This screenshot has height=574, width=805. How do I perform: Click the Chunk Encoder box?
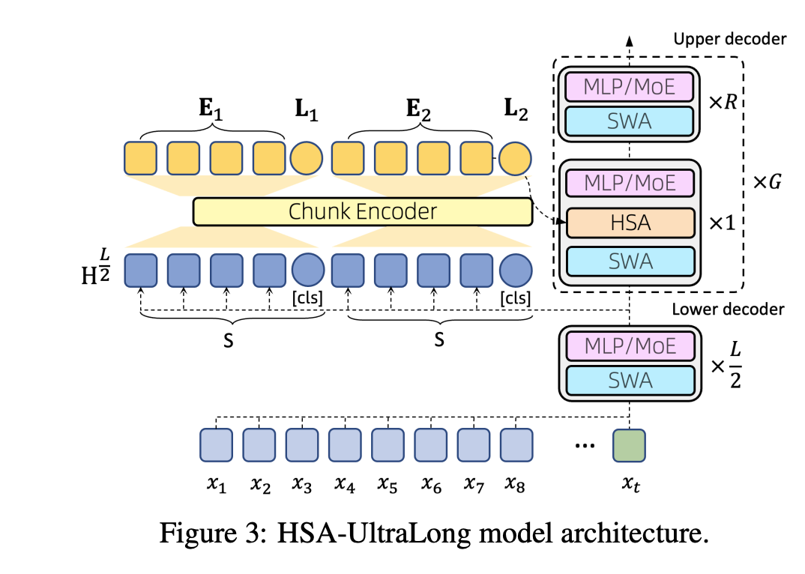(x=362, y=211)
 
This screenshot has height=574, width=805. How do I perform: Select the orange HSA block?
(x=630, y=223)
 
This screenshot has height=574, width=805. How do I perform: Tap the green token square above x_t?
(x=628, y=444)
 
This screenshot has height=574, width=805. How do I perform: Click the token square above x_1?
(x=216, y=444)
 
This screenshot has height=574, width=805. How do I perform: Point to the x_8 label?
(x=513, y=486)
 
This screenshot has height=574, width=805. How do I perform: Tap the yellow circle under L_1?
(x=306, y=159)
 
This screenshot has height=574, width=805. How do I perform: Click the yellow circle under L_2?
(x=514, y=159)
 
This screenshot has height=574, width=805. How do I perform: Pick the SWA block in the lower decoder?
(x=630, y=380)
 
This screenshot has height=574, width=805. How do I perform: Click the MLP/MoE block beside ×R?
(x=630, y=87)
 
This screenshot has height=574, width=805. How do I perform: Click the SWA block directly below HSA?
(x=630, y=261)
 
